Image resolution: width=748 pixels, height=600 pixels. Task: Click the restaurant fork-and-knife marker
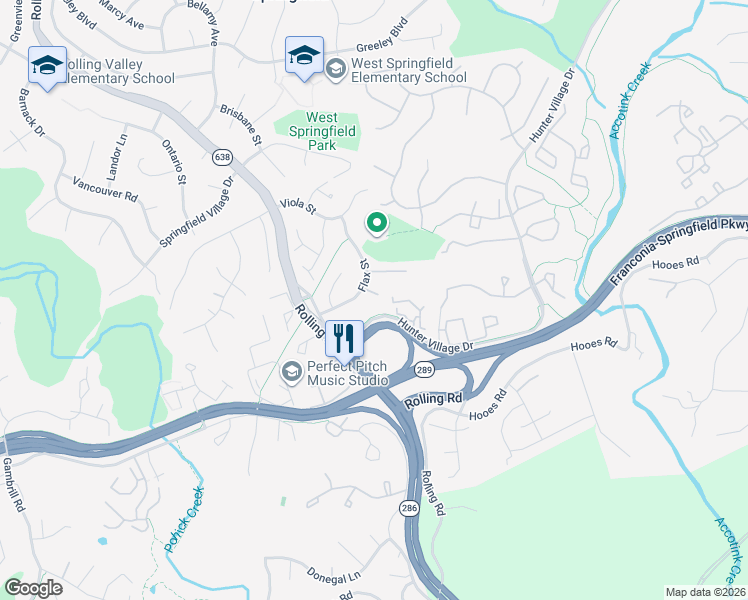344,338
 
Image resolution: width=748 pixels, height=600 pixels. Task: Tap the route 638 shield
222,157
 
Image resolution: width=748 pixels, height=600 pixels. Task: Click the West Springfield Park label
323,130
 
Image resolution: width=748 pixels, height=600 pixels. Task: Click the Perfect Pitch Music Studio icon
291,372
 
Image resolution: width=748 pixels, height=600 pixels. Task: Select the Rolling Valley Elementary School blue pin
47,66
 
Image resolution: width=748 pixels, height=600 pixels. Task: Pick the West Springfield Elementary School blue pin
304,57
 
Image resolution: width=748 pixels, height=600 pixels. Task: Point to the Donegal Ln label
334,577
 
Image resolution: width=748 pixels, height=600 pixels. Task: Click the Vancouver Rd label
105,189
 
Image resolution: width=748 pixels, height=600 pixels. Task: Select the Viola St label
297,206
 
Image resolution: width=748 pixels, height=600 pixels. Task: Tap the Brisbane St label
241,127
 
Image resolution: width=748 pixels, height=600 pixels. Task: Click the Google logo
34,587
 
